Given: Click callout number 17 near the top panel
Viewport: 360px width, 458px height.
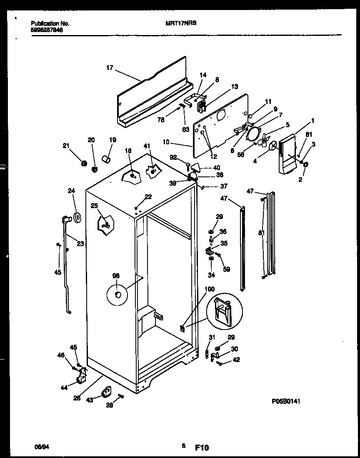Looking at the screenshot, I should pos(110,68).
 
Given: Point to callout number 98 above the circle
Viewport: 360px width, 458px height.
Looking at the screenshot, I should pos(116,276).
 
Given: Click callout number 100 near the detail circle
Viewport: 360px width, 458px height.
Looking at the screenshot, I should pos(210,289).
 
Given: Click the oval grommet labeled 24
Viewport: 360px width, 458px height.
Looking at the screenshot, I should pos(77,217).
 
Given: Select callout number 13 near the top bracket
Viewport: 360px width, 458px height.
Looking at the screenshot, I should pos(235,87).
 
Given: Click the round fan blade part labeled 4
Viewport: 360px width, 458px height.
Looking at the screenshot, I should pos(273,146).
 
